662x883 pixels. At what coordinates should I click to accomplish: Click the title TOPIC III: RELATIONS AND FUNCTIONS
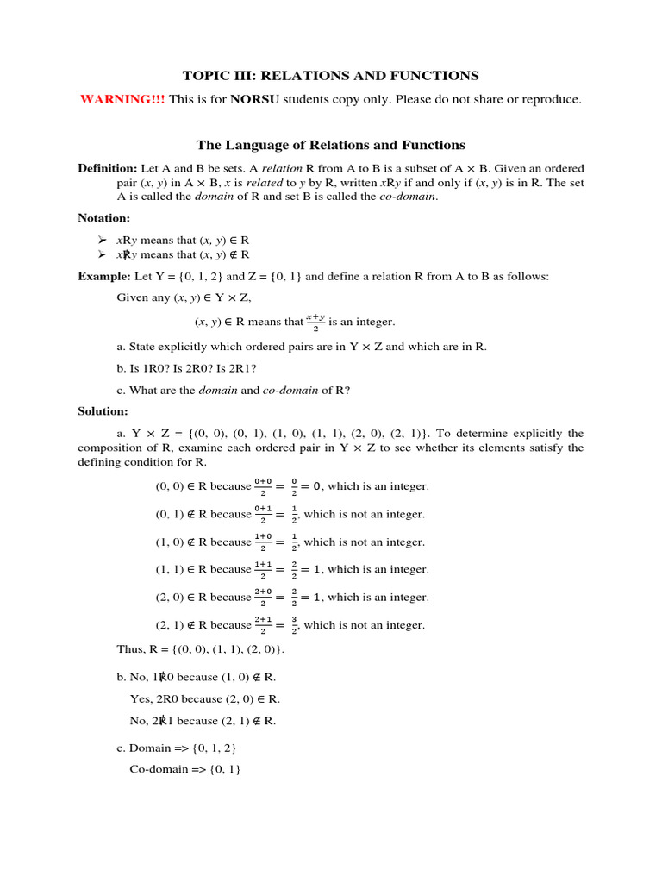(330, 76)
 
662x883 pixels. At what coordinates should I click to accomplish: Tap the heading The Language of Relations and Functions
(330, 145)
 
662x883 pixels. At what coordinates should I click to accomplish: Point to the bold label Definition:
(107, 168)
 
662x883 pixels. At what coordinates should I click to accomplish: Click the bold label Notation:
(103, 218)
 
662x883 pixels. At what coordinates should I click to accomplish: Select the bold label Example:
(103, 277)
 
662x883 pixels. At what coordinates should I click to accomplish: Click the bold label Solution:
(103, 412)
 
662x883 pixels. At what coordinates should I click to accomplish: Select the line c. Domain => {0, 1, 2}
(175, 748)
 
